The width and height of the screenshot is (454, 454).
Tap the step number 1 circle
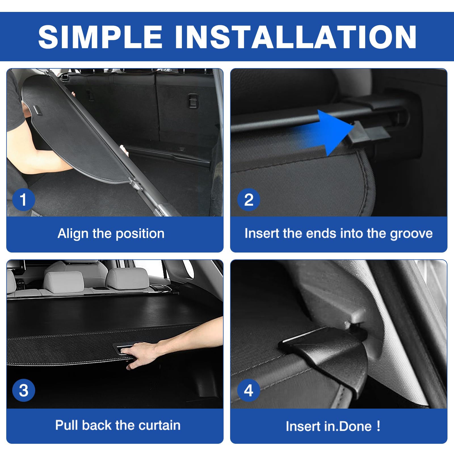click(24, 199)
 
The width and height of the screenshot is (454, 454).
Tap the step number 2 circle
click(249, 199)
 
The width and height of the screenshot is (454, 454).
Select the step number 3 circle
click(24, 390)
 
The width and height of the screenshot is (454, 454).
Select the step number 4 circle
click(249, 390)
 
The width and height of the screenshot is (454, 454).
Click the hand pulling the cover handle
click(142, 355)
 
